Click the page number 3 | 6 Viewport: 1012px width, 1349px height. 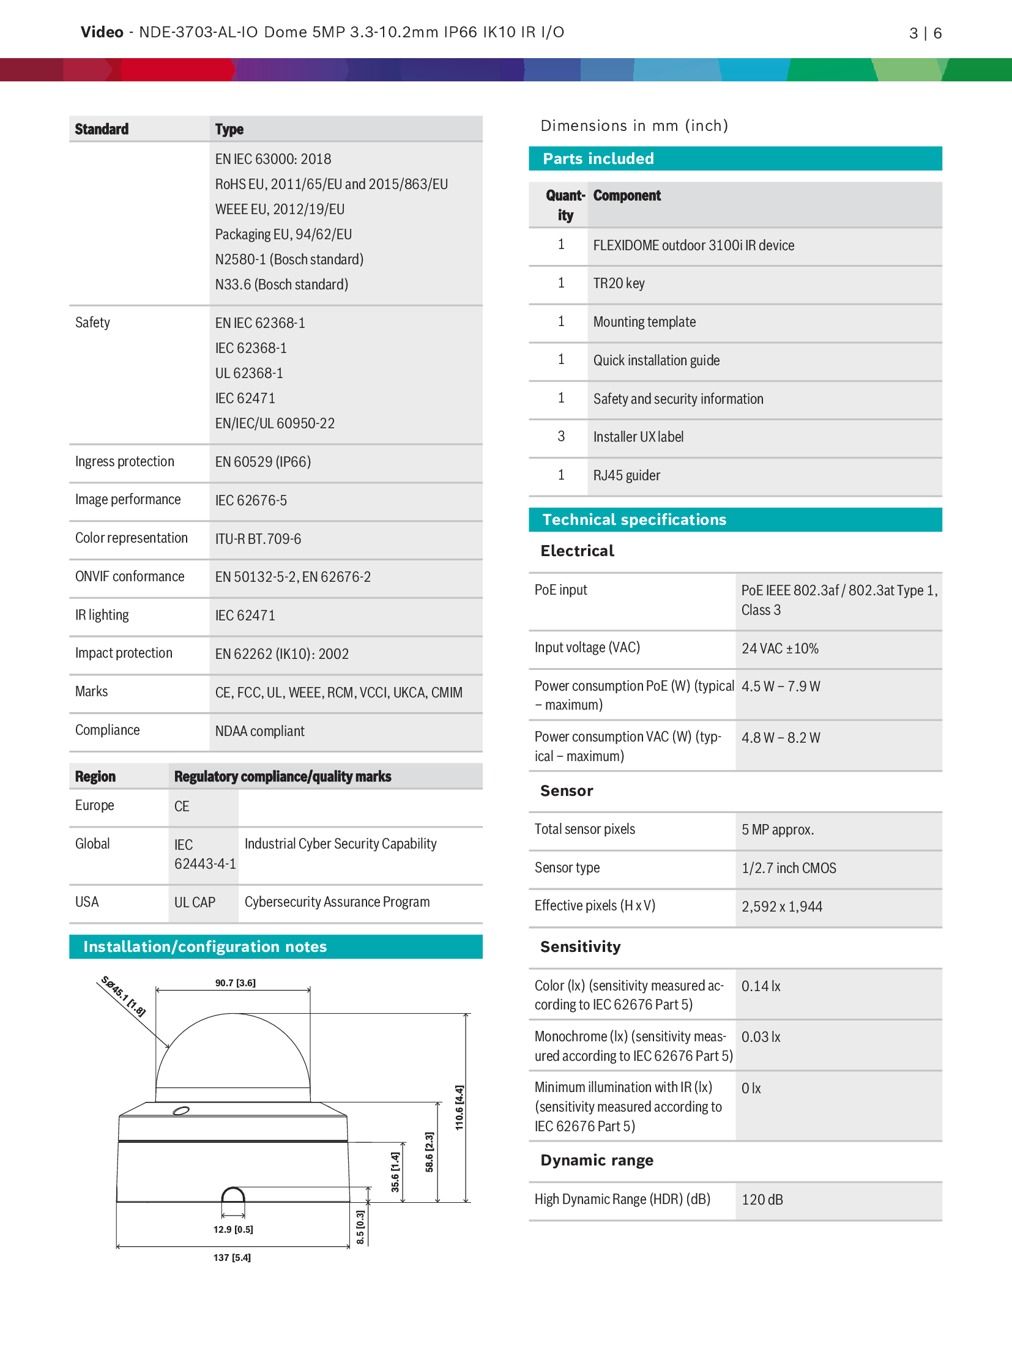(x=925, y=33)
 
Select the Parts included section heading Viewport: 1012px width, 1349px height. (x=598, y=158)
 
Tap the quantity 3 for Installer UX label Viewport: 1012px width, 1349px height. (x=561, y=437)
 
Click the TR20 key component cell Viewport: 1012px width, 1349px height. (x=619, y=283)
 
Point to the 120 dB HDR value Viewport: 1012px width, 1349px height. (x=762, y=1200)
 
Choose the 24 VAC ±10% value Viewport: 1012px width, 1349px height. (x=779, y=648)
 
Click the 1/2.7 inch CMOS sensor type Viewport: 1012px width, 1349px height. (x=788, y=868)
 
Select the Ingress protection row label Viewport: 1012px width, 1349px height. (x=124, y=462)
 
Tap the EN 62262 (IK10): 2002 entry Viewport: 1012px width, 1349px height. (x=281, y=654)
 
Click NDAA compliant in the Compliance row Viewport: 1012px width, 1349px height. (x=259, y=731)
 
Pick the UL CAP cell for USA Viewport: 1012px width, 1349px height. (x=195, y=902)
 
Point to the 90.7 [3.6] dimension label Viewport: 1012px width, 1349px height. (x=235, y=983)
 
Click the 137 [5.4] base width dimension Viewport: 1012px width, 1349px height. (x=232, y=1257)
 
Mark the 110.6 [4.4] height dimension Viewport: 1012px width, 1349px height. (x=459, y=1107)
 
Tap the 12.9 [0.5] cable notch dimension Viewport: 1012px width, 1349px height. (x=233, y=1229)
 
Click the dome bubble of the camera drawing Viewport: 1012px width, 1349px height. (x=233, y=1052)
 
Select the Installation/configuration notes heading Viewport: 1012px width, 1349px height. (x=205, y=946)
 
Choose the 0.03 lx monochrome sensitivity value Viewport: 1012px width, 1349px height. (x=761, y=1037)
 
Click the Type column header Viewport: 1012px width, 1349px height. (x=229, y=129)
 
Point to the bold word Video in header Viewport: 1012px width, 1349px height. (x=102, y=32)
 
